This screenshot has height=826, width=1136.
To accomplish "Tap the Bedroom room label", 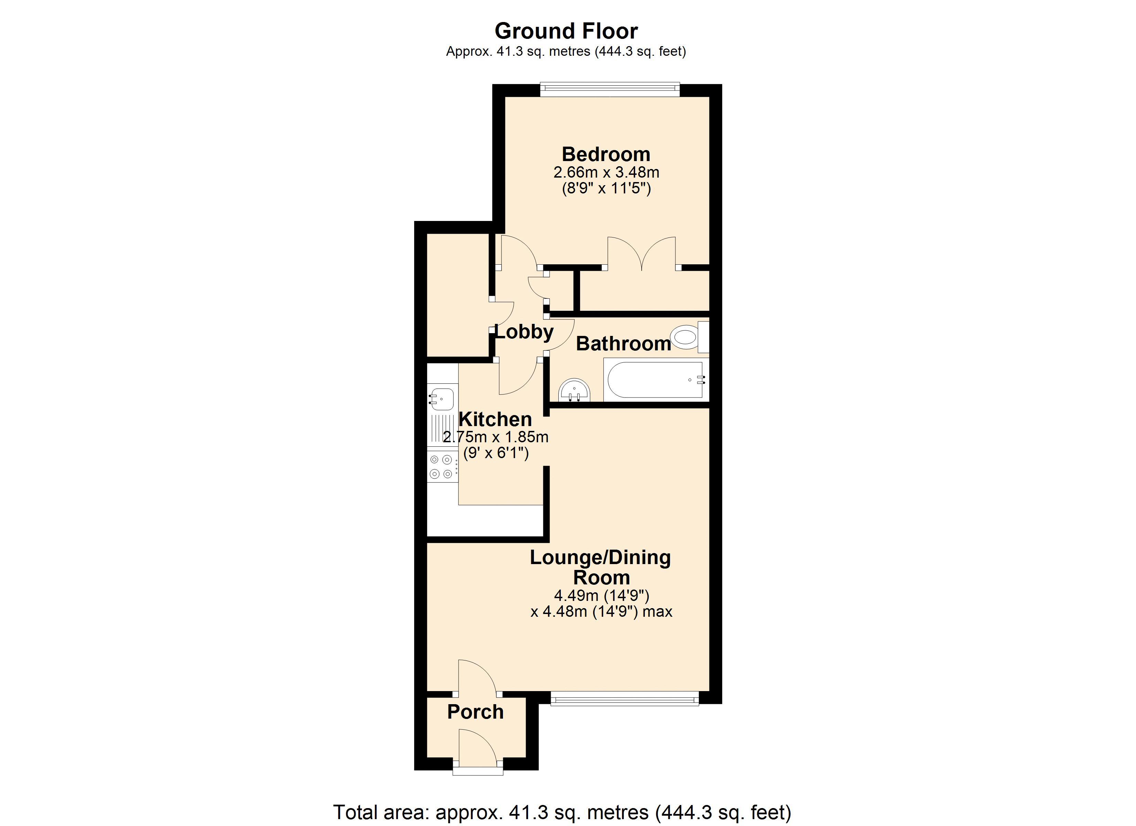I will [x=606, y=154].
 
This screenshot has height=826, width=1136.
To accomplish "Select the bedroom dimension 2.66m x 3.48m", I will [x=606, y=172].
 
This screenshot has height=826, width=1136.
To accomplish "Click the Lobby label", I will [x=524, y=331].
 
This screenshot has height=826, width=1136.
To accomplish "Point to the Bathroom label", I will [x=624, y=343].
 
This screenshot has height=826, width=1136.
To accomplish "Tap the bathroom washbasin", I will [x=575, y=391].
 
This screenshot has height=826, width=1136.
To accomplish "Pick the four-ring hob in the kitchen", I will [x=442, y=466].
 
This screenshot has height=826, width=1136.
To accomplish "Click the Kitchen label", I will [x=495, y=419].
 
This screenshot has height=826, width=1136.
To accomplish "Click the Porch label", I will [x=475, y=712].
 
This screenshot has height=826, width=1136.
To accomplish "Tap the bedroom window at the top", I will [x=610, y=90].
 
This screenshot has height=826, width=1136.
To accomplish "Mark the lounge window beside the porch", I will [x=624, y=699].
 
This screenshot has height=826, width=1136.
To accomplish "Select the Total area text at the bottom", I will [x=562, y=812].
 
